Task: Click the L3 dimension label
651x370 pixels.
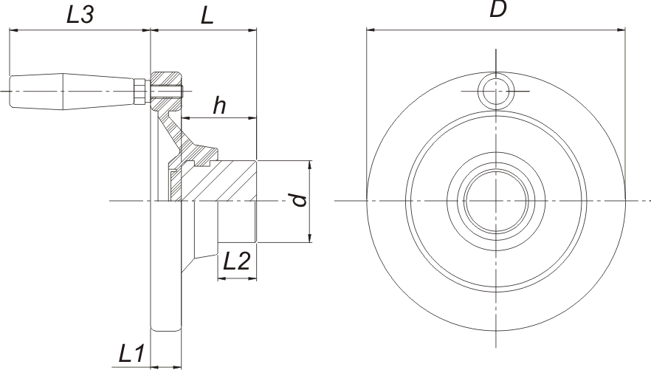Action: pos(80,15)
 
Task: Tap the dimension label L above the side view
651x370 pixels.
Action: pos(207,16)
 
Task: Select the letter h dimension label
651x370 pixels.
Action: pos(219,105)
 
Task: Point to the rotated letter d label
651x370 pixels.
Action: pos(299,200)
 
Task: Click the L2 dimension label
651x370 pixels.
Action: pos(237,261)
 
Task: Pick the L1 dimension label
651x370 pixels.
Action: pos(131,354)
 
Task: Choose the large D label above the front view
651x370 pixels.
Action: pos(497,9)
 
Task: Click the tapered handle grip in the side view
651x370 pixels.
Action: pos(72,92)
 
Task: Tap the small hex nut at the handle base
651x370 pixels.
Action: pos(141,92)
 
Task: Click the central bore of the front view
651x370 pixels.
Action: pos(496,201)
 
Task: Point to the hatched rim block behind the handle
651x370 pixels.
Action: pos(166,92)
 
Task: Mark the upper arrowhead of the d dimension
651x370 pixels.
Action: pos(310,165)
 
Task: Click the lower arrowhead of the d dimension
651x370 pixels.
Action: pos(310,238)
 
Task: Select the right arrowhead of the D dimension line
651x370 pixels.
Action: pos(621,30)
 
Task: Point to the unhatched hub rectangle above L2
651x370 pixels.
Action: pos(237,222)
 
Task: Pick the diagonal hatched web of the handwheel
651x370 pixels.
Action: pos(174,133)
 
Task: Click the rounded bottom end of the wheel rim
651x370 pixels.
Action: pos(166,329)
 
